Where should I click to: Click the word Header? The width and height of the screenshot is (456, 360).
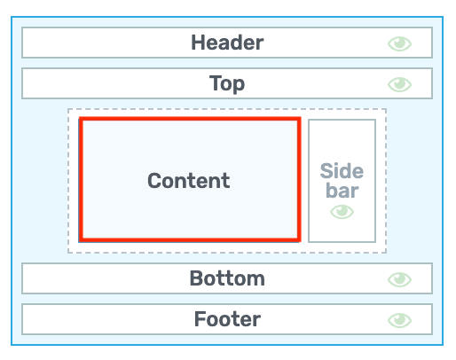227,43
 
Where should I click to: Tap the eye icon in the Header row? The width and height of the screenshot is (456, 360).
399,43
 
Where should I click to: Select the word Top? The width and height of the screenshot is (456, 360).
227,84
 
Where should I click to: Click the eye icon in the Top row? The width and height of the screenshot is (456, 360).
399,84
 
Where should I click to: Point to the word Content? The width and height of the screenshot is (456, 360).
189,181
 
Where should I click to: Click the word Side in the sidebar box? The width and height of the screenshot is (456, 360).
342,171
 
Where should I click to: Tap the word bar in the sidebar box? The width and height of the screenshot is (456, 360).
342,191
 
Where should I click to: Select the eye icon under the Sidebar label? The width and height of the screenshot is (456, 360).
342,212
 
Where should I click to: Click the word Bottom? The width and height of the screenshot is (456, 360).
227,278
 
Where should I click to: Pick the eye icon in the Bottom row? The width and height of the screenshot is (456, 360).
399,279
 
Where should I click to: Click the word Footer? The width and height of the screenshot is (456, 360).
227,319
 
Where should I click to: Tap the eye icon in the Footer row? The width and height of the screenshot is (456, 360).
399,320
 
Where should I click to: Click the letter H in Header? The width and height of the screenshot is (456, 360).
198,43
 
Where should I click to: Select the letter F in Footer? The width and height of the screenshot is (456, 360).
200,319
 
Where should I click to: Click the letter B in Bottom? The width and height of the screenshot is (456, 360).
196,278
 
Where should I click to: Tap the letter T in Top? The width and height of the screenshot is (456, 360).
215,82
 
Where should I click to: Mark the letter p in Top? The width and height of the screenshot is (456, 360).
240,86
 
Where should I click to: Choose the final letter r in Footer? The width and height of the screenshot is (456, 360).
257,321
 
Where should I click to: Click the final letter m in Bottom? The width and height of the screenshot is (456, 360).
256,280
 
